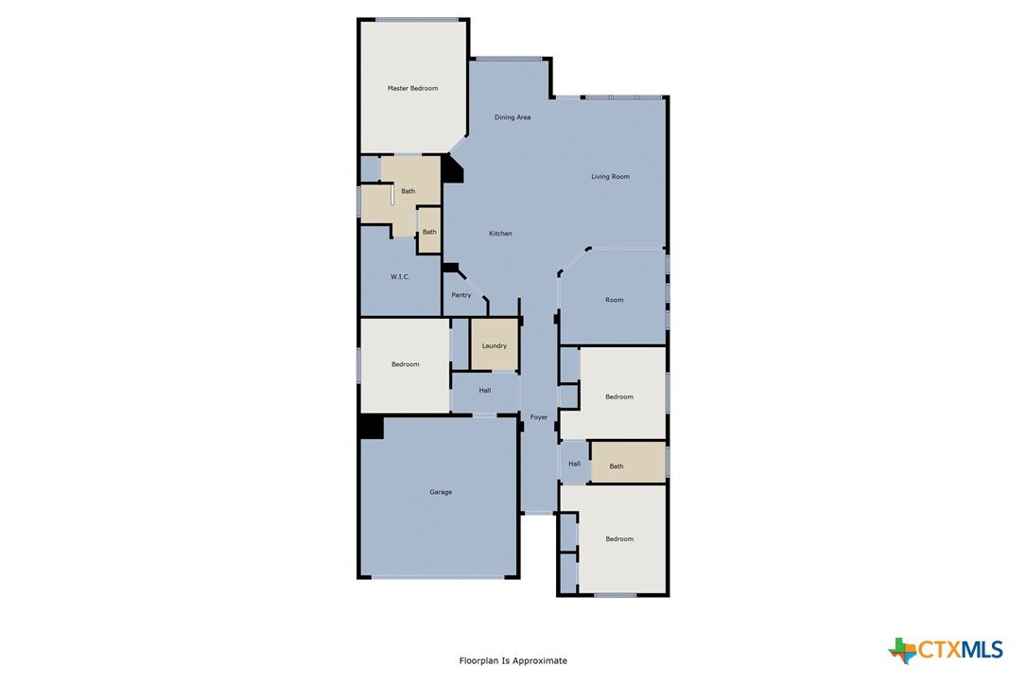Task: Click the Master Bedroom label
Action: tap(412, 88)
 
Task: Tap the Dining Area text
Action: tap(513, 118)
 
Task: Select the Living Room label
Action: tap(611, 177)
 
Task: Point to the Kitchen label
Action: tap(500, 234)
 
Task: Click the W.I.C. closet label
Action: tap(400, 277)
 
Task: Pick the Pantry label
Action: tap(461, 295)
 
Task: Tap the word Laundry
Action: tap(494, 346)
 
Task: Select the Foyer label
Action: tap(538, 417)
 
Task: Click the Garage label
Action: tap(441, 492)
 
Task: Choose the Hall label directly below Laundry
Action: tap(485, 391)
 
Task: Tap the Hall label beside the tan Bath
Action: tap(575, 465)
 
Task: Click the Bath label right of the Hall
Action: tap(617, 466)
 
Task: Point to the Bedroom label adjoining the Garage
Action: tap(406, 364)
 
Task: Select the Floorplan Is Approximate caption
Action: tap(513, 661)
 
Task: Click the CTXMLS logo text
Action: tap(961, 649)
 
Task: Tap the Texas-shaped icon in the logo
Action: tap(903, 651)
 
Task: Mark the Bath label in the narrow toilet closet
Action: tap(429, 233)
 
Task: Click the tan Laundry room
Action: tap(495, 345)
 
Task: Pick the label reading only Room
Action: tap(615, 301)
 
